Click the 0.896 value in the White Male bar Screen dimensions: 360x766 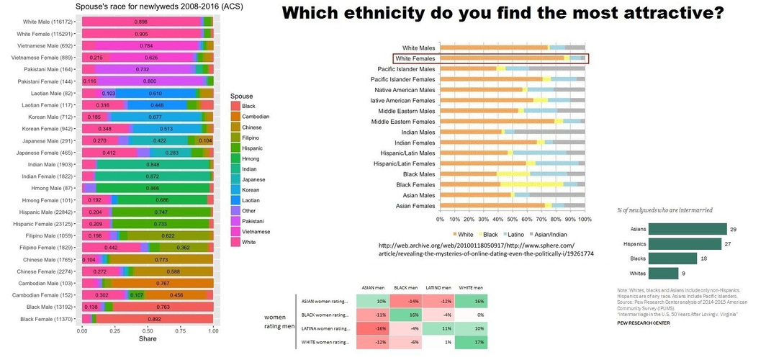pyautogui.click(x=141, y=22)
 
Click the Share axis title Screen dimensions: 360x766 pyautogui.click(x=147, y=339)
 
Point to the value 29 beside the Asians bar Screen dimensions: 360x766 pyautogui.click(x=733, y=229)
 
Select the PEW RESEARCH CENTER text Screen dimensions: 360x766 pyautogui.click(x=644, y=323)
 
